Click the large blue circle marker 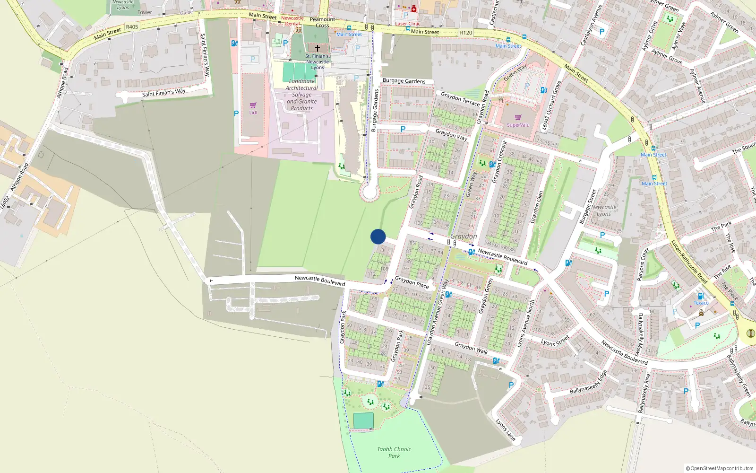[378, 236]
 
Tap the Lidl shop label [253, 113]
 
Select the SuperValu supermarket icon [518, 118]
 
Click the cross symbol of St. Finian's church [318, 48]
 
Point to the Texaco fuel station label [701, 303]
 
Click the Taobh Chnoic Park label [394, 453]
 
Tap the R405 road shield [132, 27]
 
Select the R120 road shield [466, 33]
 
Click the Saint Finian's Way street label [163, 93]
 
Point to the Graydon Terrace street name [460, 99]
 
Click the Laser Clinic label [407, 24]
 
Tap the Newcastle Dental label [292, 21]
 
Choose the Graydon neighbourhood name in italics [464, 236]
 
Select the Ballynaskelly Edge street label [588, 383]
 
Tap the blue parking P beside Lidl [236, 114]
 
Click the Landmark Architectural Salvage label [302, 95]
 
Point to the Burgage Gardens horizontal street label [404, 81]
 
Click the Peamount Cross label [322, 22]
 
